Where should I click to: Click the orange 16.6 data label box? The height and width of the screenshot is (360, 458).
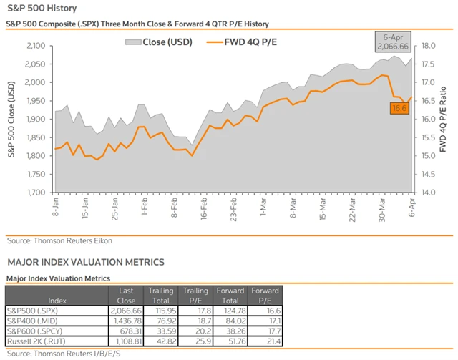(x=399, y=108)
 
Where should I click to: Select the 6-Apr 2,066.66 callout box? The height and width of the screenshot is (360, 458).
(x=394, y=41)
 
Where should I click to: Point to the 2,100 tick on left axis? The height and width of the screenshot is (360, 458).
(x=35, y=45)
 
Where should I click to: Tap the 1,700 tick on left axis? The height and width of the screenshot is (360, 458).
(x=35, y=193)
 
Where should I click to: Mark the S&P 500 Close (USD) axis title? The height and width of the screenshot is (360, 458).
(x=11, y=119)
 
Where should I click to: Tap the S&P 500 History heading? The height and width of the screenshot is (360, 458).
(x=36, y=9)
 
